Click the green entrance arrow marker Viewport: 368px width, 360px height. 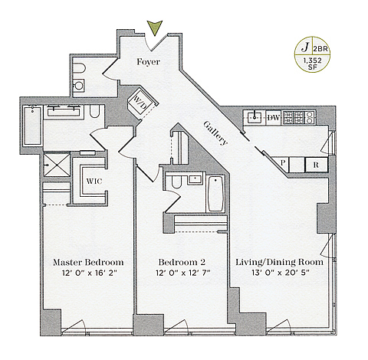click(x=155, y=28)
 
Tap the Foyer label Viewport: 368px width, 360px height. click(x=148, y=62)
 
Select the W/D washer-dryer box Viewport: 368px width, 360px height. click(x=143, y=102)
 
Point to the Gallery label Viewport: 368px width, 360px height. click(x=215, y=133)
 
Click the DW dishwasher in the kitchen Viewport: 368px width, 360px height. click(x=274, y=118)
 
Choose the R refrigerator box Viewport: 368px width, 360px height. click(x=317, y=165)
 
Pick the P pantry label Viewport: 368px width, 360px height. click(x=283, y=162)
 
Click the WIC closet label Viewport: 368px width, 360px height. click(x=94, y=182)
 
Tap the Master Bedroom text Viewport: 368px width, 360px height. click(x=88, y=262)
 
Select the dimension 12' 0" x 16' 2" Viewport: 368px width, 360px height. click(x=89, y=273)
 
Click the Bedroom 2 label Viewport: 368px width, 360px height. click(x=182, y=262)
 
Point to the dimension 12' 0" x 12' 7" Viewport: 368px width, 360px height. click(x=182, y=273)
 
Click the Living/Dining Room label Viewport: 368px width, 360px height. click(x=279, y=262)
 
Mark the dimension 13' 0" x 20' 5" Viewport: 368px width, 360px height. click(x=281, y=273)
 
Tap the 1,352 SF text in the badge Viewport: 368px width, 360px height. click(x=312, y=64)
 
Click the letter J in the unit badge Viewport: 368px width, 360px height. click(x=304, y=47)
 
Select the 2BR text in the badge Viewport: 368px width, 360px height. click(x=320, y=49)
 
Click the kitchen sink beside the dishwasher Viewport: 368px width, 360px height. click(x=255, y=117)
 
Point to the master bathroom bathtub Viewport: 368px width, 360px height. click(x=32, y=126)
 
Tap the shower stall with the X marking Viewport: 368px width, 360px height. click(x=57, y=165)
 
